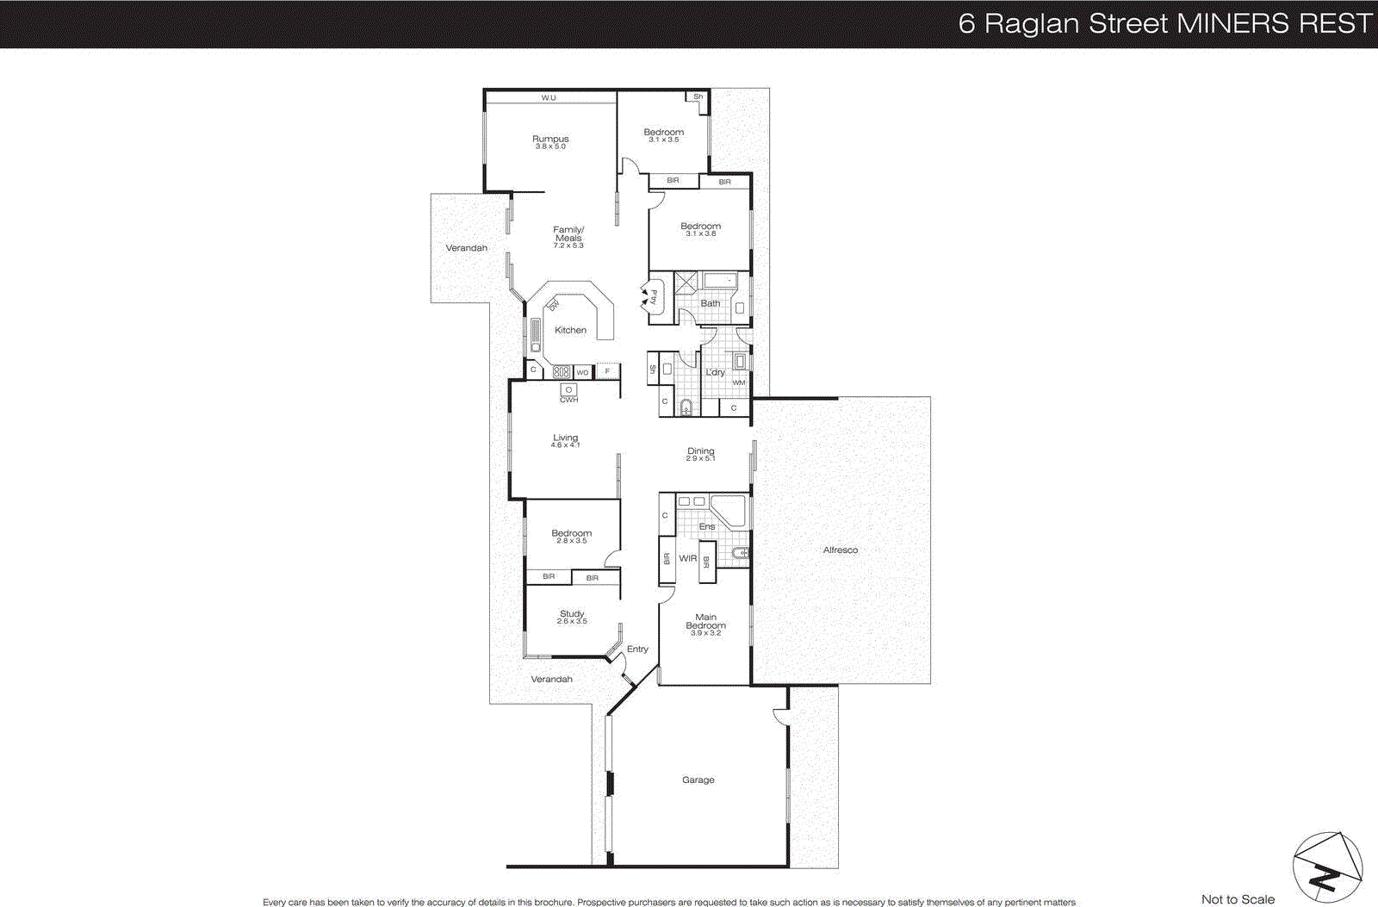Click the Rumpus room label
click(550, 140)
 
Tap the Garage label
click(698, 780)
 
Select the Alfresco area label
click(840, 550)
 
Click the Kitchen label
click(570, 331)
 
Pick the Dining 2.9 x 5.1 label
click(700, 453)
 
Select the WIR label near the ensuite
click(687, 559)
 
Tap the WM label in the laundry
click(739, 382)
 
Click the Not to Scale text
click(1238, 899)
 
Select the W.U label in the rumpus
click(549, 98)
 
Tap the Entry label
click(637, 649)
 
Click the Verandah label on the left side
click(466, 248)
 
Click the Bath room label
click(710, 304)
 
